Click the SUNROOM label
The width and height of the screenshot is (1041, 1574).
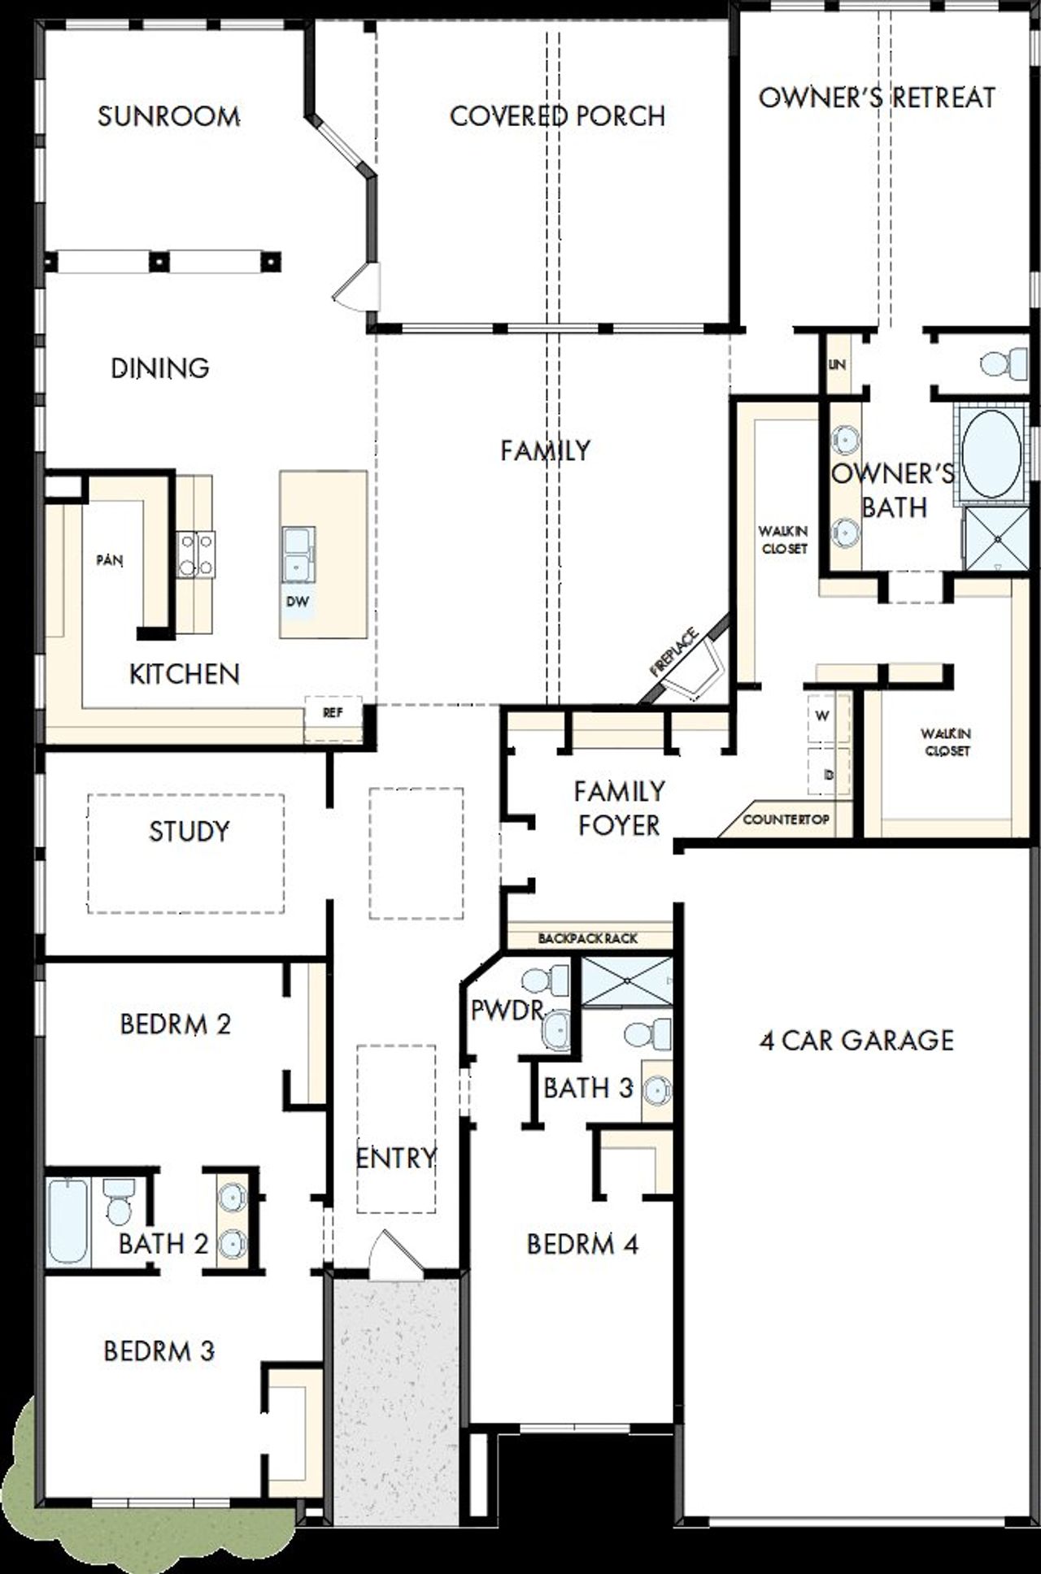(x=168, y=116)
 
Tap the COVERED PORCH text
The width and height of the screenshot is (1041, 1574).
(x=558, y=116)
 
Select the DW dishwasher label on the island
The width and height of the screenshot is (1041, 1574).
(x=297, y=602)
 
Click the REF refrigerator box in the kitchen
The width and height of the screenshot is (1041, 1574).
(x=333, y=713)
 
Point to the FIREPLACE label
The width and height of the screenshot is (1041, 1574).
(x=674, y=652)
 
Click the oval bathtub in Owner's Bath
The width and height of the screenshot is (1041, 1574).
(x=991, y=453)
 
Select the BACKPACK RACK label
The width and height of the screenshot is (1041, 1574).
(x=587, y=938)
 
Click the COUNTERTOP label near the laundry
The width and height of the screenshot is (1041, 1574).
(x=786, y=820)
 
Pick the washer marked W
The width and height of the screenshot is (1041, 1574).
(x=823, y=716)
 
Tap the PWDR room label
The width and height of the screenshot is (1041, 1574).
(x=506, y=1011)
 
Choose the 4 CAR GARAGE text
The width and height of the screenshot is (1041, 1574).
(x=856, y=1040)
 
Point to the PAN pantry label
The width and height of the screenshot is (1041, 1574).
(x=110, y=560)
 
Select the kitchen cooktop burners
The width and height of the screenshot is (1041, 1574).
(x=196, y=554)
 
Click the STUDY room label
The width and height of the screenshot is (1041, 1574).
(x=189, y=831)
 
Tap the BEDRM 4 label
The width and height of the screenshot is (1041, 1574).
(x=582, y=1244)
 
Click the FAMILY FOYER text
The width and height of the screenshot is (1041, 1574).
(x=619, y=808)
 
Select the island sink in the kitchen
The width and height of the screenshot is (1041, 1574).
(x=298, y=554)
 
